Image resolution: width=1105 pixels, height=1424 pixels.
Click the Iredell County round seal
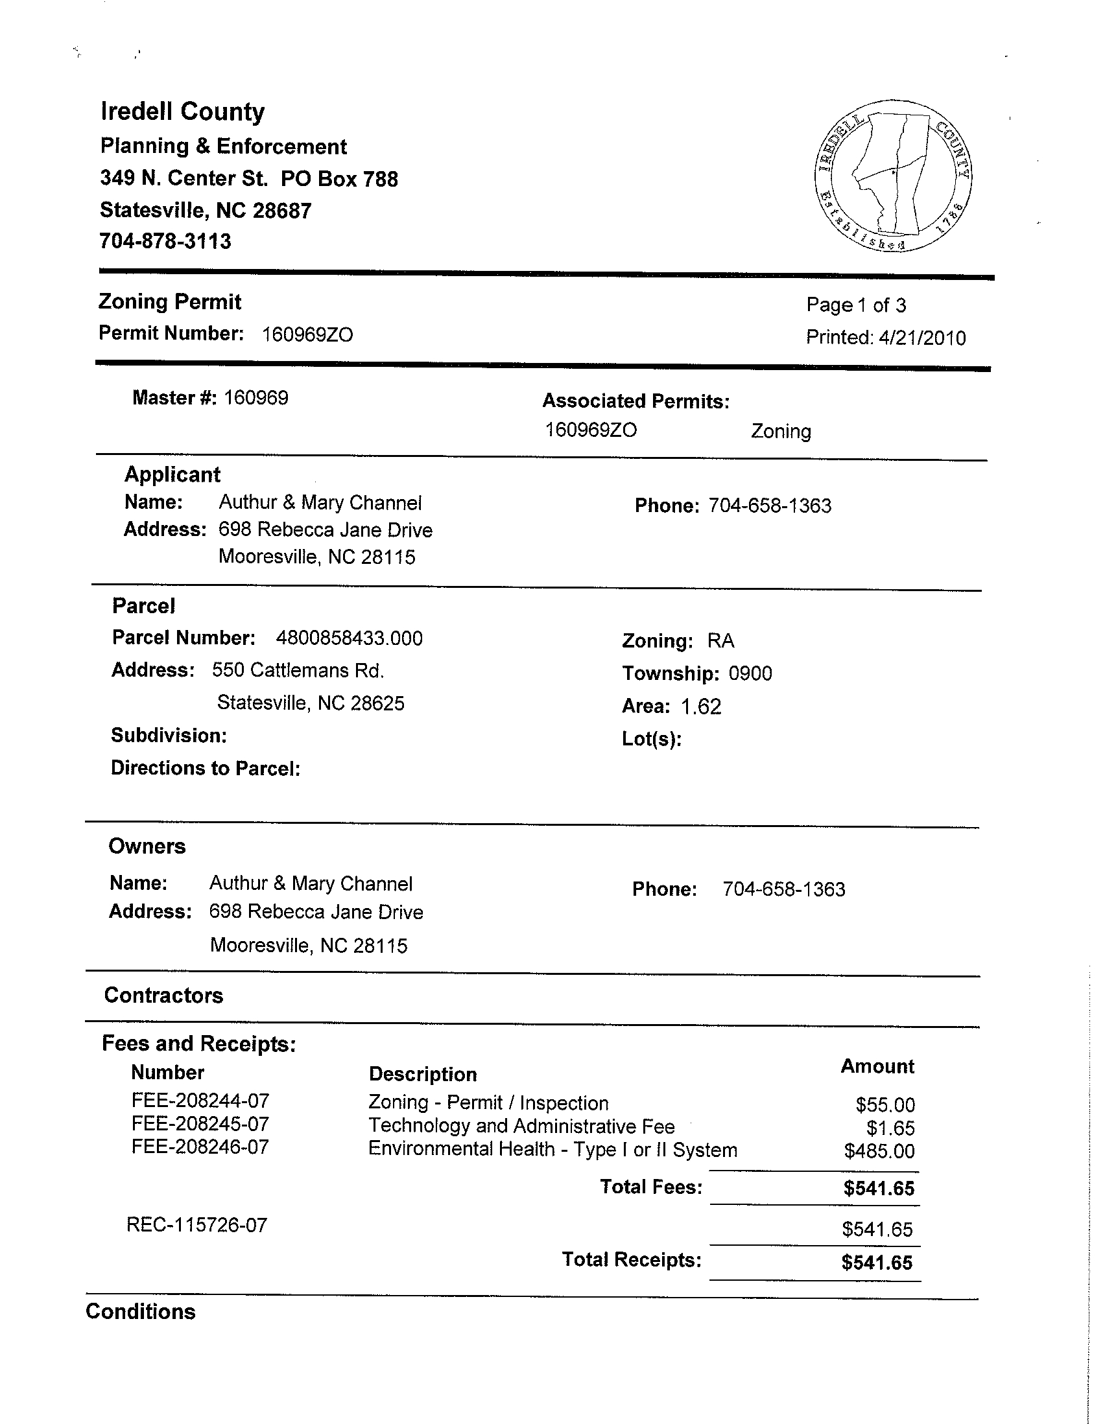click(x=892, y=176)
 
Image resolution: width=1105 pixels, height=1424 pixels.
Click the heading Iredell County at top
click(x=183, y=111)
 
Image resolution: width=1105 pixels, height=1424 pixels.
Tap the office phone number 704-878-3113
click(x=165, y=241)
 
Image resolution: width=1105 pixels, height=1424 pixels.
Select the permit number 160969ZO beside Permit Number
click(x=307, y=334)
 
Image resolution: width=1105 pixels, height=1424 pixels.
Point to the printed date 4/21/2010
click(x=921, y=338)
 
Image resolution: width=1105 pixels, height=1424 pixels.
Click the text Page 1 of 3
click(x=856, y=305)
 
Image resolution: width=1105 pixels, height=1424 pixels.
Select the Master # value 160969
click(x=255, y=398)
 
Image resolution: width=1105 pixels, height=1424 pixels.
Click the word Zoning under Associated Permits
click(x=781, y=432)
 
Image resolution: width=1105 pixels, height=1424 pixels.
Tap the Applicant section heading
click(x=172, y=474)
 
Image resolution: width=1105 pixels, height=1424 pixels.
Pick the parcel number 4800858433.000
click(x=349, y=638)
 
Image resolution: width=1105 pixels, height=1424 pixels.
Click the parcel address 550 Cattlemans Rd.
click(x=298, y=670)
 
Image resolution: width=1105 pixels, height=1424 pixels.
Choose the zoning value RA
click(x=721, y=641)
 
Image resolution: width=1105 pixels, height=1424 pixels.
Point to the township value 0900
click(x=750, y=673)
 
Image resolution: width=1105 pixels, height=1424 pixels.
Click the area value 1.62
click(x=701, y=706)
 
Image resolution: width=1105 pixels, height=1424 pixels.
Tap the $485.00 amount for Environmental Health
click(x=879, y=1151)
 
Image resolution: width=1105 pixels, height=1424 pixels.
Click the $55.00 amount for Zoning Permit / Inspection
click(x=885, y=1104)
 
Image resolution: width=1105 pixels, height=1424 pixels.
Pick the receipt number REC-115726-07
click(x=197, y=1225)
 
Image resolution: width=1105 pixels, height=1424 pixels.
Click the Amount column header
click(x=877, y=1066)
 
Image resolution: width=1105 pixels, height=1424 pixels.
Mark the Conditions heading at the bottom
click(x=140, y=1312)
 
